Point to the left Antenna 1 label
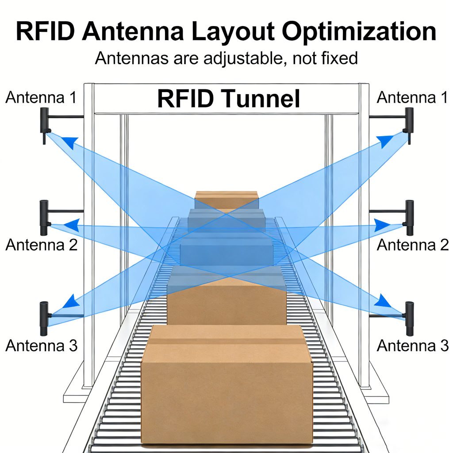point(41,98)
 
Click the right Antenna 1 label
point(412,98)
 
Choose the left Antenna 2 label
point(41,245)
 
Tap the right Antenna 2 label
point(412,245)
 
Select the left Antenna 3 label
point(41,346)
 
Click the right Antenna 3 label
point(412,346)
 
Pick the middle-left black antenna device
point(44,217)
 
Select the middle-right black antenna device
point(409,217)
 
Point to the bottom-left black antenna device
point(44,318)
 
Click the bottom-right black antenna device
point(409,318)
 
